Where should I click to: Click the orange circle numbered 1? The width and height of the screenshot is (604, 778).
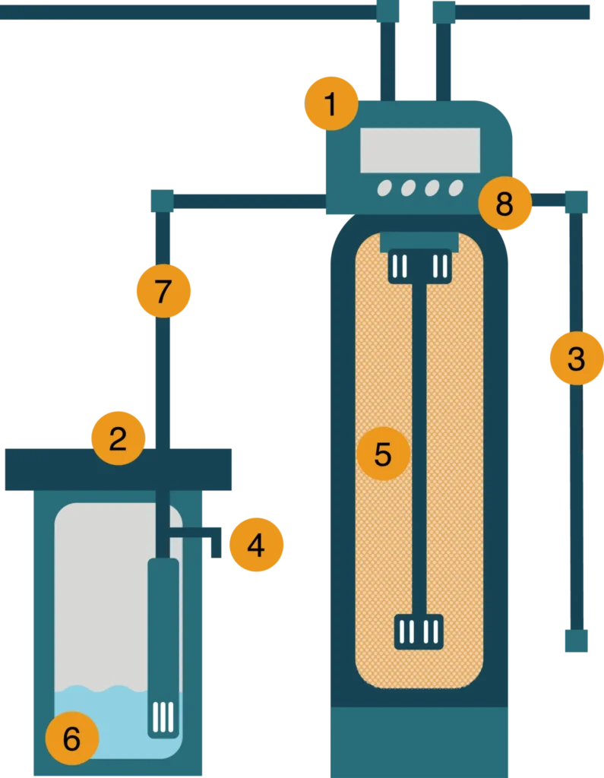[x=330, y=103]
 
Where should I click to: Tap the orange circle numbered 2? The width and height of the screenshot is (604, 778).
[x=118, y=438]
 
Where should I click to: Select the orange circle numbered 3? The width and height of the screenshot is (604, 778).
[x=576, y=359]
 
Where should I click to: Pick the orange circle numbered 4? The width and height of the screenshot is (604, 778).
[x=256, y=544]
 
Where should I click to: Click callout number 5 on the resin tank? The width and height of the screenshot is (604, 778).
[x=383, y=454]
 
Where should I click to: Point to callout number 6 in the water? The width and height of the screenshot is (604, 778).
[x=71, y=738]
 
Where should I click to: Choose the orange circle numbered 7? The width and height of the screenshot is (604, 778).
[x=163, y=290]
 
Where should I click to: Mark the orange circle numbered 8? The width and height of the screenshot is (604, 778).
[x=504, y=203]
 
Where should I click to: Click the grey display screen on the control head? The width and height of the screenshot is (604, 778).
[x=419, y=150]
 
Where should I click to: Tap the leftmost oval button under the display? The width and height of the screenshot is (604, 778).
[x=384, y=188]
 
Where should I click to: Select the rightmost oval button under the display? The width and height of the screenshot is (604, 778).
[x=456, y=188]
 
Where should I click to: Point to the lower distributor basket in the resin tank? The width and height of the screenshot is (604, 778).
[x=419, y=631]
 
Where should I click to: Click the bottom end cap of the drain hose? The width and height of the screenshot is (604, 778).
[x=575, y=641]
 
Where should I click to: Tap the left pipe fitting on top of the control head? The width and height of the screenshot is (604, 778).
[x=388, y=11]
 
